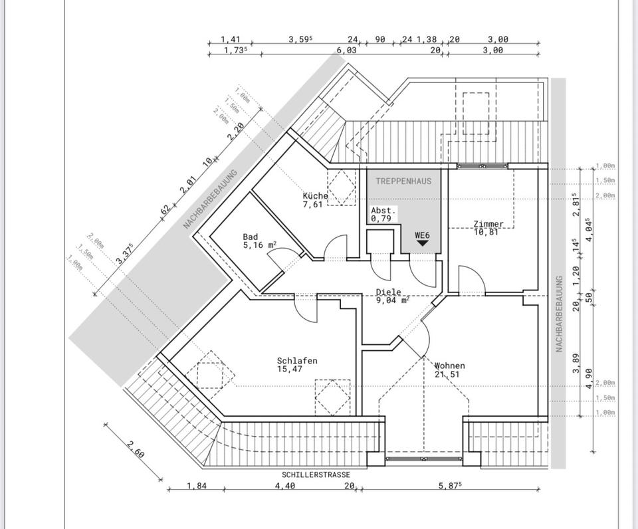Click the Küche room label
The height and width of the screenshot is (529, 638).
[x=315, y=196]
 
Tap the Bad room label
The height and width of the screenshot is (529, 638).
[x=251, y=237]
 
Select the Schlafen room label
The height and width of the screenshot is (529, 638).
[x=297, y=361]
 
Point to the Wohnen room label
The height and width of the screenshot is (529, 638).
[x=450, y=366]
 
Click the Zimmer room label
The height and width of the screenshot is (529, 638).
[x=488, y=224]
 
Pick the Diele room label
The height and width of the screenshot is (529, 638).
[x=389, y=292]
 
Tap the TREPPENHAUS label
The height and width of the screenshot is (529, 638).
[x=403, y=181]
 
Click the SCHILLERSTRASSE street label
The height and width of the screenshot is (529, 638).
[x=315, y=475]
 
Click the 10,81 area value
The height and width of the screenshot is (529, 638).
[x=486, y=232]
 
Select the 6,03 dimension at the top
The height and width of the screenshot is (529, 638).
[x=346, y=50]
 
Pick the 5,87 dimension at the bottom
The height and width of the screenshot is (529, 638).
[x=449, y=486]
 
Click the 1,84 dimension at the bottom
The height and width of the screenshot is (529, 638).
[x=196, y=486]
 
